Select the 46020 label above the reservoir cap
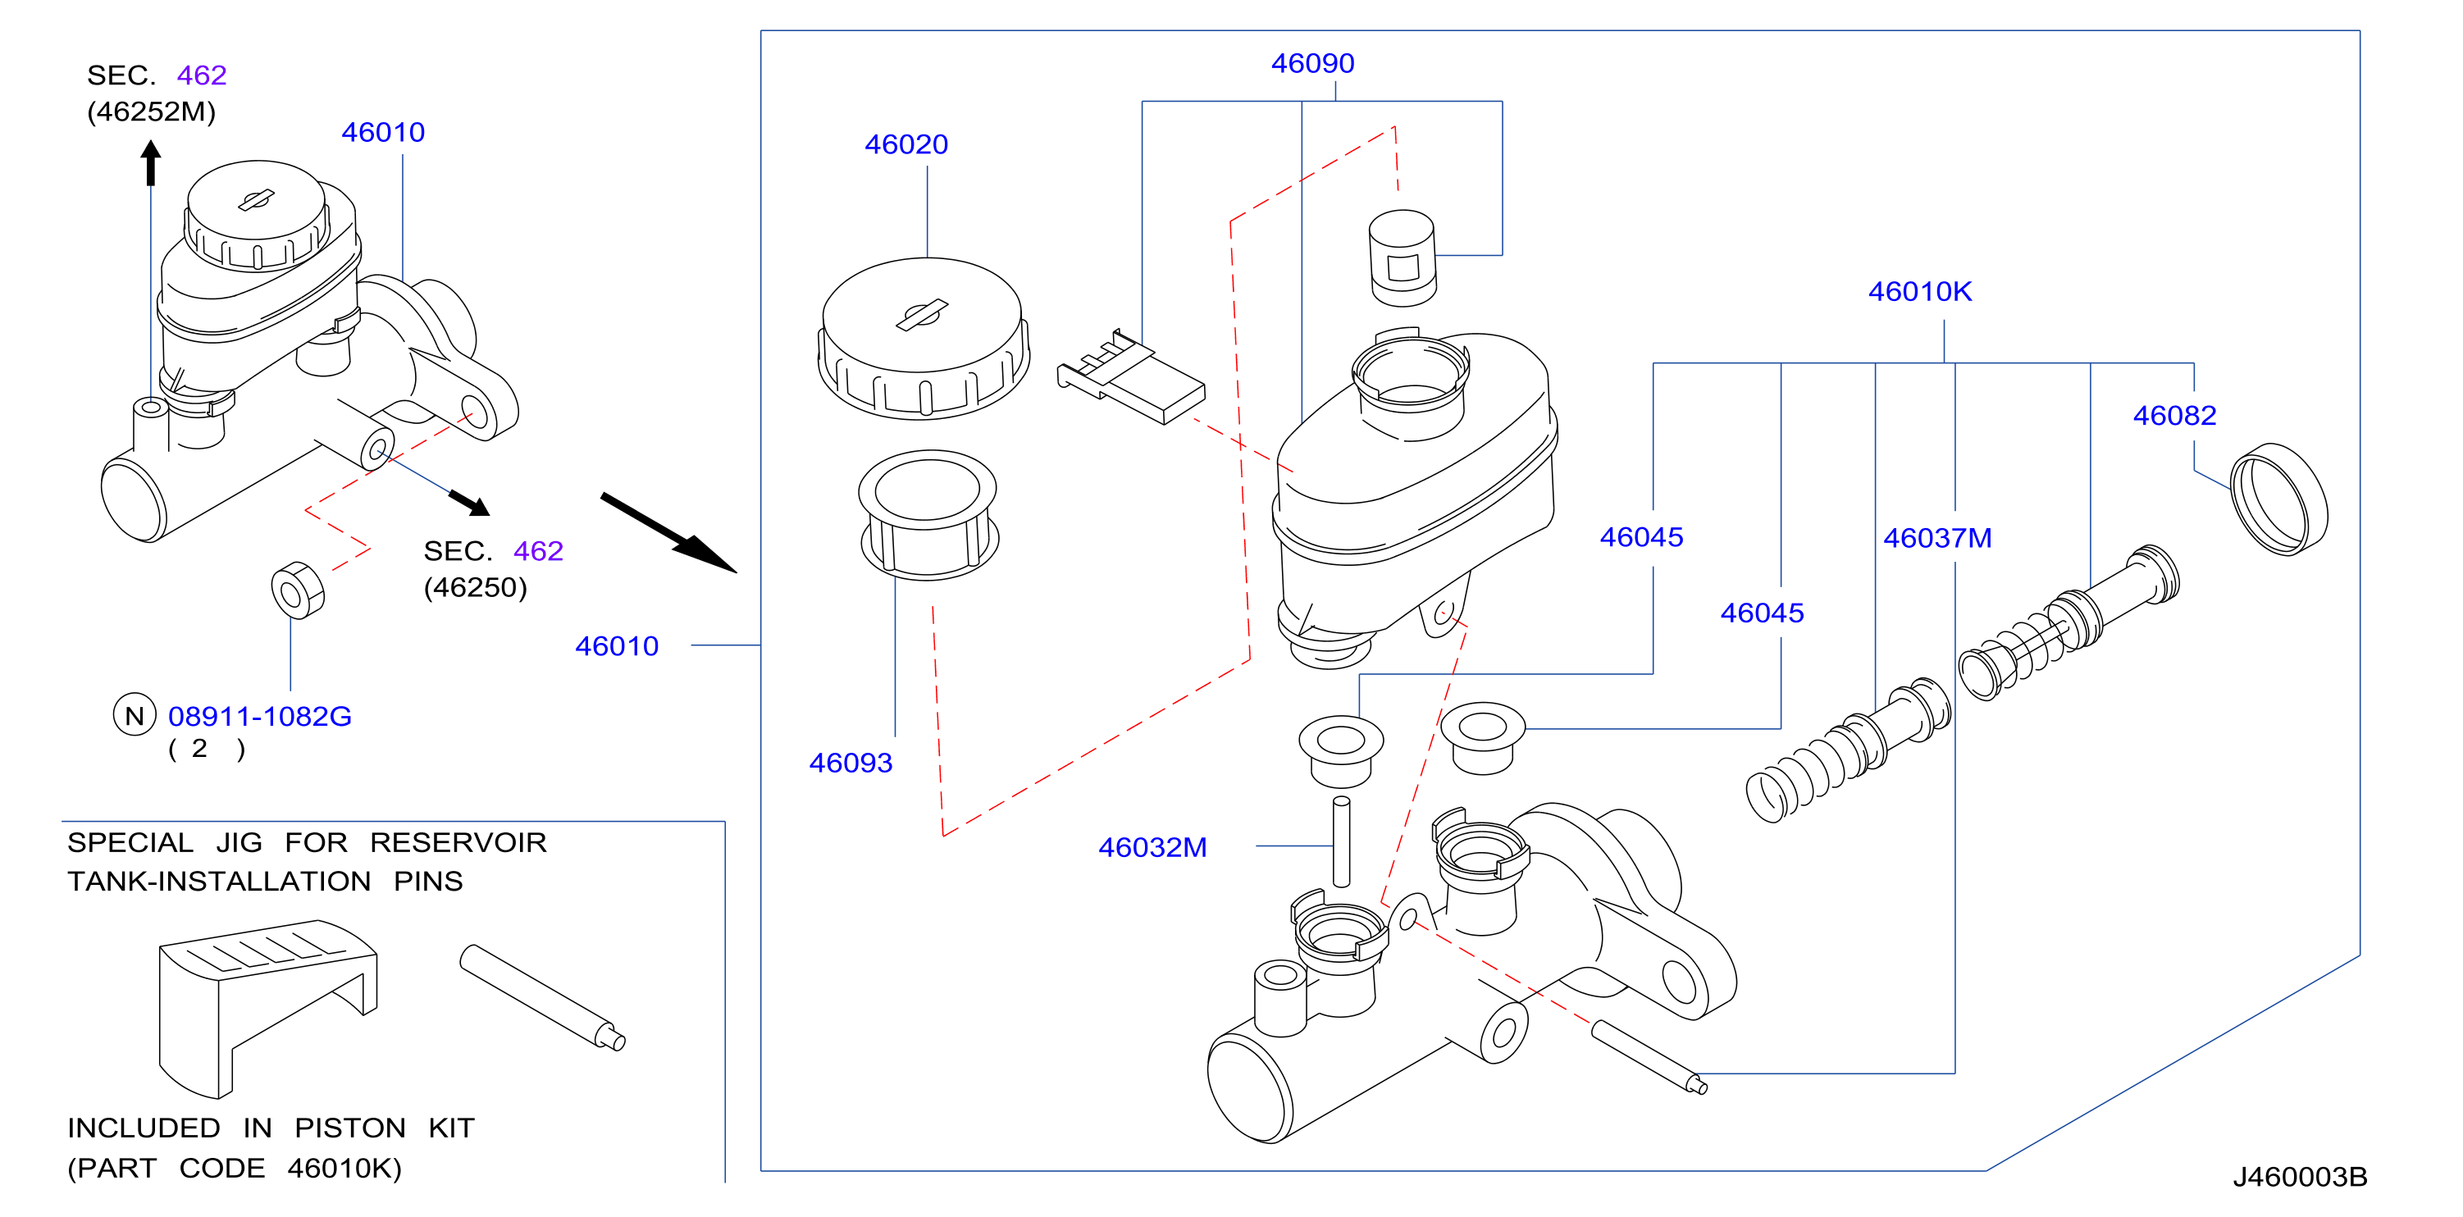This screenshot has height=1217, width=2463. coord(905,144)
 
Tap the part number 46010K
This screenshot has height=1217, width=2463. coord(1919,292)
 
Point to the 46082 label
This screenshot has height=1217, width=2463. coord(2173,416)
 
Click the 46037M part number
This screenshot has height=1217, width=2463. coord(1937,538)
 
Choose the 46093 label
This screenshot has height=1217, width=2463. coord(850,763)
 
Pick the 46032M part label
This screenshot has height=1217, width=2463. coord(1152,848)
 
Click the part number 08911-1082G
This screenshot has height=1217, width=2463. coord(259,716)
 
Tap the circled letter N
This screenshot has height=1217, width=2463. coord(135,715)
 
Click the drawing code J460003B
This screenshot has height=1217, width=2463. coord(2300,1177)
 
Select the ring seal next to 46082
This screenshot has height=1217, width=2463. coord(2278,499)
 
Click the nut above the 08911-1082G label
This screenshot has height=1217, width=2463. coord(298,590)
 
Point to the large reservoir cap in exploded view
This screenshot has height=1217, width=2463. coord(924,339)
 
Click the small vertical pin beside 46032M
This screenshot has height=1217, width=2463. coord(1342,841)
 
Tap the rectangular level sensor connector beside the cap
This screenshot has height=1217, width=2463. coord(1130,376)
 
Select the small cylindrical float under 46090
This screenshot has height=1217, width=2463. coord(1403,258)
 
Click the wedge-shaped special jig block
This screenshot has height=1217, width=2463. coord(267,1009)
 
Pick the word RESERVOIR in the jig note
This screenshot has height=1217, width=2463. coord(458,843)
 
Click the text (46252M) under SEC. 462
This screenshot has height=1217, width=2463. coord(151,112)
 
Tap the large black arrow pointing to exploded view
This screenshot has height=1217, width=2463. coord(668,532)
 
